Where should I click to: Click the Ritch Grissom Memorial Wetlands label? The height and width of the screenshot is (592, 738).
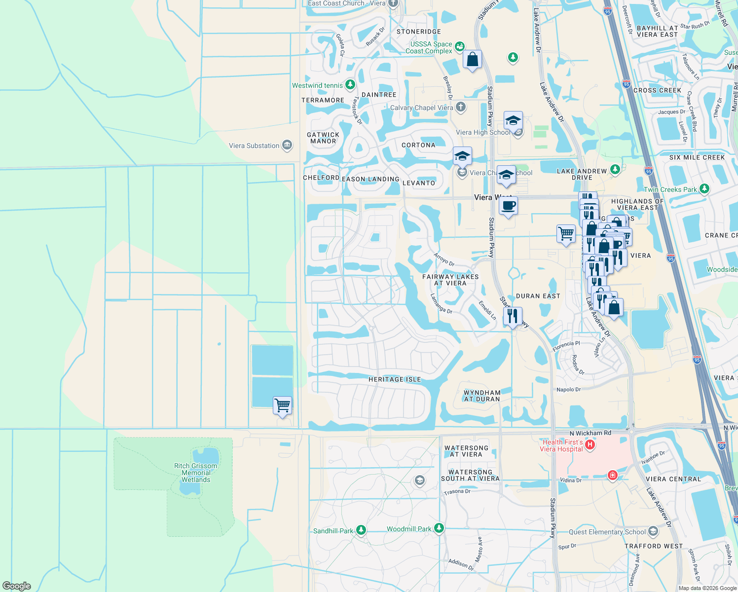coord(195,473)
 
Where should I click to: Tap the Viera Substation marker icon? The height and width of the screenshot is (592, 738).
coord(287,145)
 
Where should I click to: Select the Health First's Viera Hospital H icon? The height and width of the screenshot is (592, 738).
coord(590,445)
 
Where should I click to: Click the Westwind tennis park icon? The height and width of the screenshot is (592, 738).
coord(350,85)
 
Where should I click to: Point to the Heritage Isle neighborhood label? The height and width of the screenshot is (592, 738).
coord(395,379)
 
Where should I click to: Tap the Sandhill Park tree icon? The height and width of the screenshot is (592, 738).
coord(361,530)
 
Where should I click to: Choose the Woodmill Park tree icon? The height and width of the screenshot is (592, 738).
coord(439,528)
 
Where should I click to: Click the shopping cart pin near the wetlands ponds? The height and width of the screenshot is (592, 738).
coord(282,406)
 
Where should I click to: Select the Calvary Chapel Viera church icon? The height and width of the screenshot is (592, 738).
coord(460,107)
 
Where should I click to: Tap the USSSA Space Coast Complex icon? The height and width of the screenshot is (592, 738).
coord(460,46)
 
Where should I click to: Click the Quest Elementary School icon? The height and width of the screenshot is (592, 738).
coord(653,531)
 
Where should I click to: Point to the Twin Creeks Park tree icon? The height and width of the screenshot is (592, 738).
coord(704,189)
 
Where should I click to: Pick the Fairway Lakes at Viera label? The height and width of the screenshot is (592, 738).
coord(450,280)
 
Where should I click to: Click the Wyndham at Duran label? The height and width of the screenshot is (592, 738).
coord(482,396)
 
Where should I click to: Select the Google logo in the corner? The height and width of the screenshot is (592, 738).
coord(17,586)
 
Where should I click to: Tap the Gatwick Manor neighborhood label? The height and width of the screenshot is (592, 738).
coord(323,138)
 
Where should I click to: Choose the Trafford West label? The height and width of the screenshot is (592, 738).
coord(654,546)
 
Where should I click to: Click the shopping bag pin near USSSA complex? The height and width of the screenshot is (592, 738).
coord(472,60)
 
